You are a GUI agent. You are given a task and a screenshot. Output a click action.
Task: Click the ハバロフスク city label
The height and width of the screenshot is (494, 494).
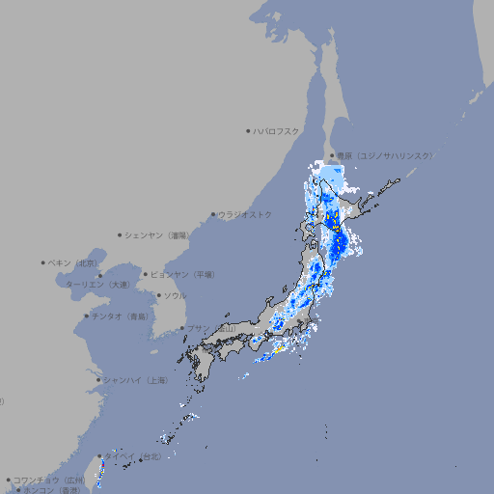[x=277, y=130]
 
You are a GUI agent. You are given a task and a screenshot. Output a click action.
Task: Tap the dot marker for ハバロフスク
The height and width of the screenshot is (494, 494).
[x=248, y=130]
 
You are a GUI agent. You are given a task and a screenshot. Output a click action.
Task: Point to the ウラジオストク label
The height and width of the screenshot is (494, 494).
[x=245, y=214]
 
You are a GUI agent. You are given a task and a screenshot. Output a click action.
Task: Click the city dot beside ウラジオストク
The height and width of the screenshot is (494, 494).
[x=213, y=214]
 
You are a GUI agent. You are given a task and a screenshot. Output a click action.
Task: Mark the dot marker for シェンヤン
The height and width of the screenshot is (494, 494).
[x=121, y=234]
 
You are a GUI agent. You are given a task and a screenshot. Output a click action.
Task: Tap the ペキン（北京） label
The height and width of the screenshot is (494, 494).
[x=74, y=262]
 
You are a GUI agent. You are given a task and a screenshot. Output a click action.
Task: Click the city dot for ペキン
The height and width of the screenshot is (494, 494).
[x=43, y=262]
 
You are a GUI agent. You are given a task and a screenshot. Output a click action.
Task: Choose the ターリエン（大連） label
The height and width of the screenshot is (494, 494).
[x=96, y=285]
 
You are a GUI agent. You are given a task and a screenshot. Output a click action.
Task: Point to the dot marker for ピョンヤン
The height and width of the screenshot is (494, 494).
[x=146, y=275]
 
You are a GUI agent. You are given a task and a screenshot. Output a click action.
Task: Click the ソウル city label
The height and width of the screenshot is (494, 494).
[x=175, y=295]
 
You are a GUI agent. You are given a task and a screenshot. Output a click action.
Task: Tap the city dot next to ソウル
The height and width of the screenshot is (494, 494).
[x=158, y=295]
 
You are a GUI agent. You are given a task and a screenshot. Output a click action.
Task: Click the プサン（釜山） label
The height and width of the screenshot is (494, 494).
[x=211, y=329]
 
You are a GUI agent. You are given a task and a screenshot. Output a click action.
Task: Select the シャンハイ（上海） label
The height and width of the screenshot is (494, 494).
[x=135, y=380]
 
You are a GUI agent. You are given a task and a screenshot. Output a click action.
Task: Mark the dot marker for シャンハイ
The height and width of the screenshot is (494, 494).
[x=98, y=380]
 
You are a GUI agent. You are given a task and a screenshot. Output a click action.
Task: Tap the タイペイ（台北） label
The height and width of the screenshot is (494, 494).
[x=143, y=454]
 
